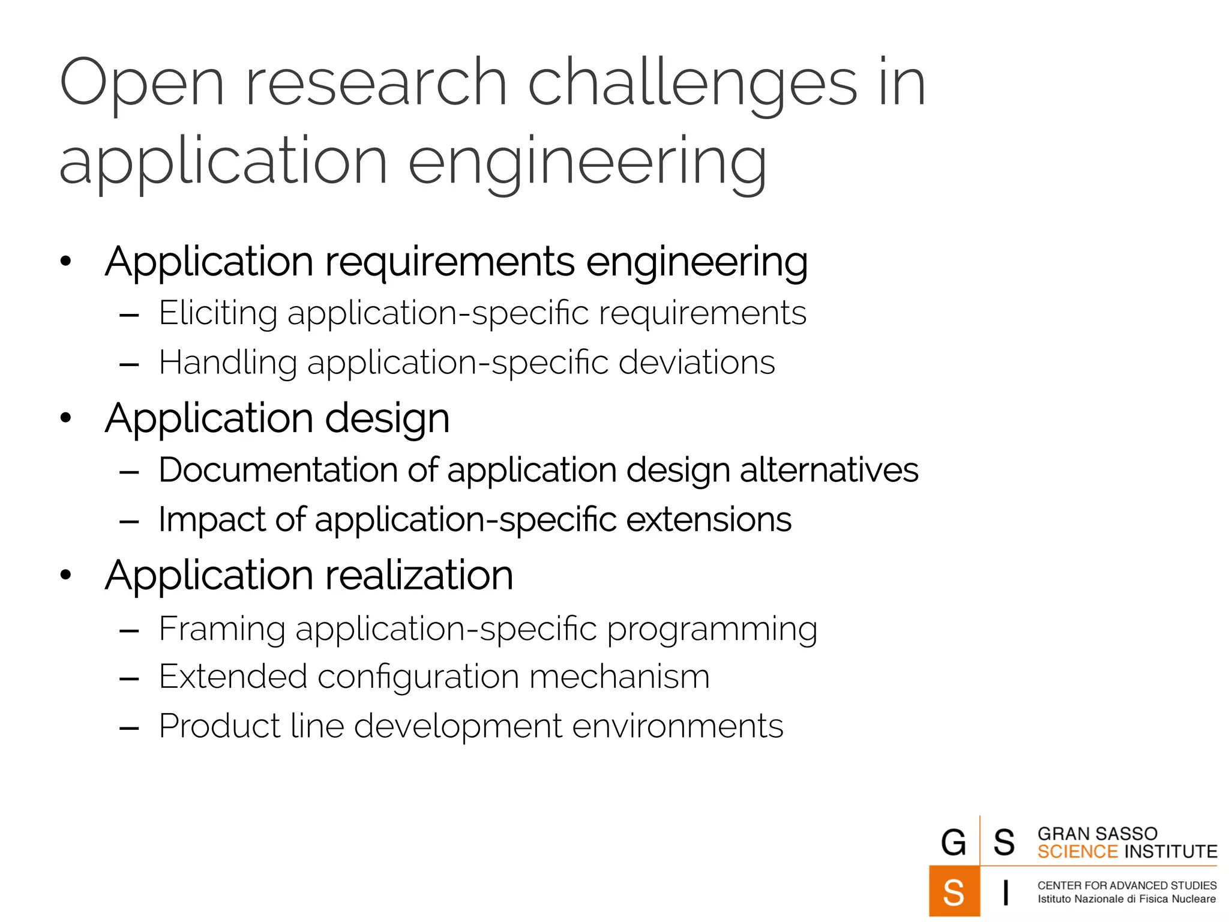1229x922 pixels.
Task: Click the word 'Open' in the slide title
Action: pyautogui.click(x=142, y=84)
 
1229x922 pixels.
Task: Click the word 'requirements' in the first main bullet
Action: pyautogui.click(x=449, y=262)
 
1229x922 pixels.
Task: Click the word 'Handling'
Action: pyautogui.click(x=228, y=363)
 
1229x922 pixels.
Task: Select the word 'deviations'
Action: pyautogui.click(x=696, y=363)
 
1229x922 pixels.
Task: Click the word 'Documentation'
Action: pyautogui.click(x=278, y=469)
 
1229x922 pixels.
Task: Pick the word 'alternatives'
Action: pyautogui.click(x=829, y=469)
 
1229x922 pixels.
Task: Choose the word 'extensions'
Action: pyautogui.click(x=709, y=519)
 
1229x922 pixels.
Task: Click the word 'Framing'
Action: pyautogui.click(x=222, y=629)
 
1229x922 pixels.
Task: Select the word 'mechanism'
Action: pyautogui.click(x=619, y=676)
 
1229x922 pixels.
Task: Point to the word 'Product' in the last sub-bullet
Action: pyautogui.click(x=219, y=726)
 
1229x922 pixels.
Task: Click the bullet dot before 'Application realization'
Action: pyautogui.click(x=65, y=575)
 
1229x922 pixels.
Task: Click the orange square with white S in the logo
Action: pyautogui.click(x=954, y=892)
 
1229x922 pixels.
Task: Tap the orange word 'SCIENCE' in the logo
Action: pyautogui.click(x=1077, y=852)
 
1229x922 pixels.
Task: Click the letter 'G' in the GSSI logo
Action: pyautogui.click(x=954, y=842)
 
